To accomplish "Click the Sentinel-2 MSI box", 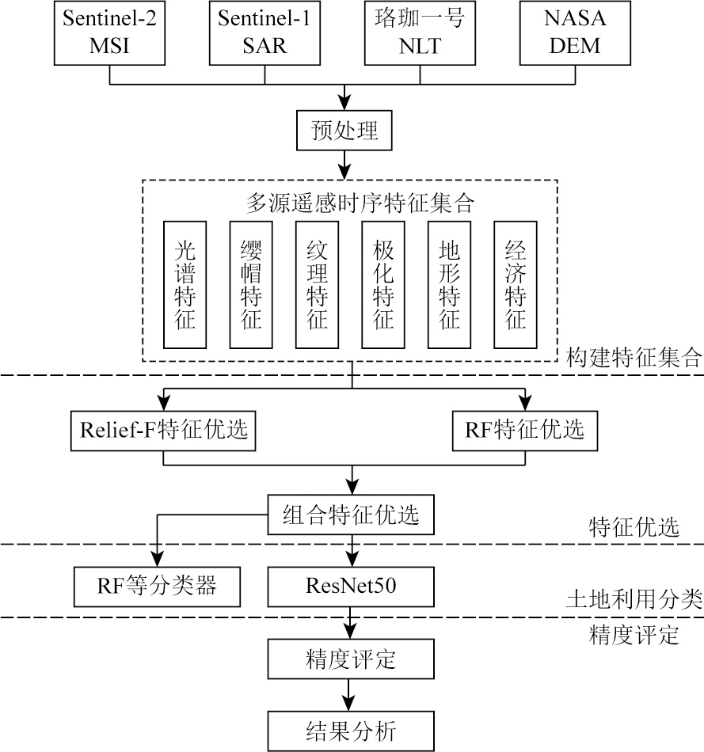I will click(x=108, y=32).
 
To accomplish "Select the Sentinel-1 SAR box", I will click(x=264, y=32).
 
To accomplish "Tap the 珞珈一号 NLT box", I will click(x=419, y=32).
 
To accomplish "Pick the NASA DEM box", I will click(x=575, y=32).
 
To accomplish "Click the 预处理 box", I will click(x=344, y=131).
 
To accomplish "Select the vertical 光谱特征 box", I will click(x=184, y=285).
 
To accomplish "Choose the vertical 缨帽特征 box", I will click(x=250, y=285).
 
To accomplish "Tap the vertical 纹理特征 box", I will click(x=317, y=285).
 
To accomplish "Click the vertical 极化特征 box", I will click(x=382, y=285).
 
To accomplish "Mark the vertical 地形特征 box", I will click(x=449, y=285).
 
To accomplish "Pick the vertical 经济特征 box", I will click(x=516, y=285).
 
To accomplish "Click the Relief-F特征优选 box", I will click(x=164, y=430).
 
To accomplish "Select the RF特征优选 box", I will click(x=524, y=430).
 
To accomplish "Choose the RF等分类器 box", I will click(x=157, y=587).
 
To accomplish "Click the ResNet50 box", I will click(x=351, y=587).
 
